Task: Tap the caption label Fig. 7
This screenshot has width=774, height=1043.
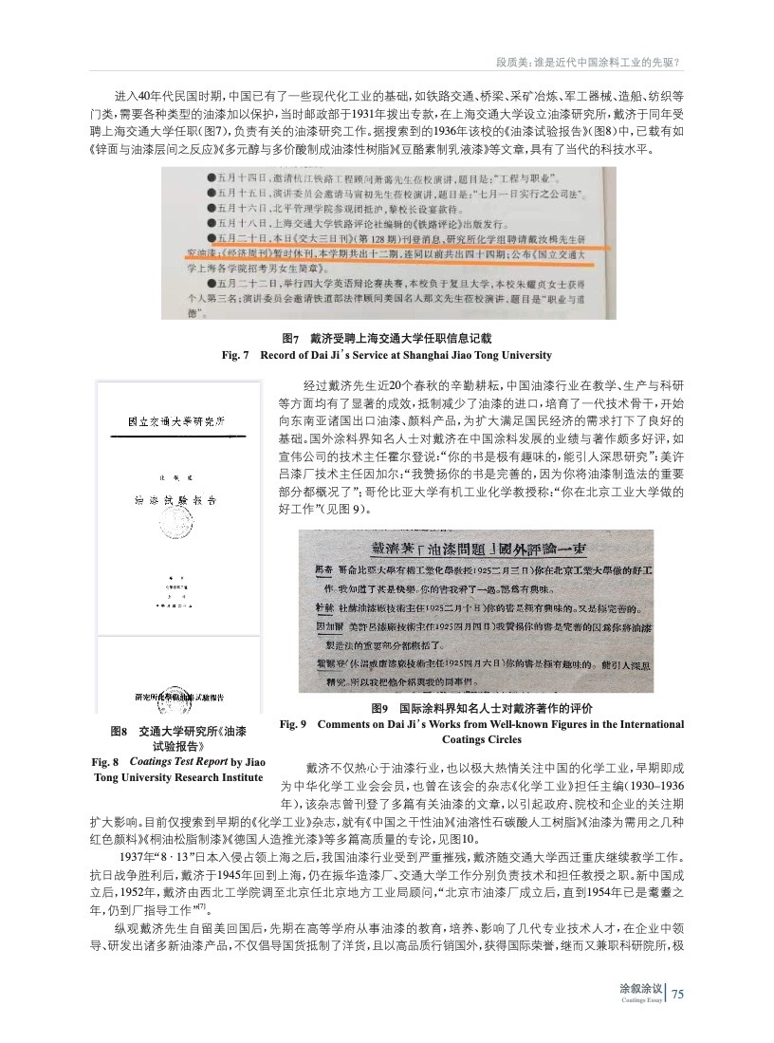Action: point(234,355)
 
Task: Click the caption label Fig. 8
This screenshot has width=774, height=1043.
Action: point(104,762)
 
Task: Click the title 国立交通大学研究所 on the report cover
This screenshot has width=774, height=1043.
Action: point(175,421)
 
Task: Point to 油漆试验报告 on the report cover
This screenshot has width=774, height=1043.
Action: point(175,497)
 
